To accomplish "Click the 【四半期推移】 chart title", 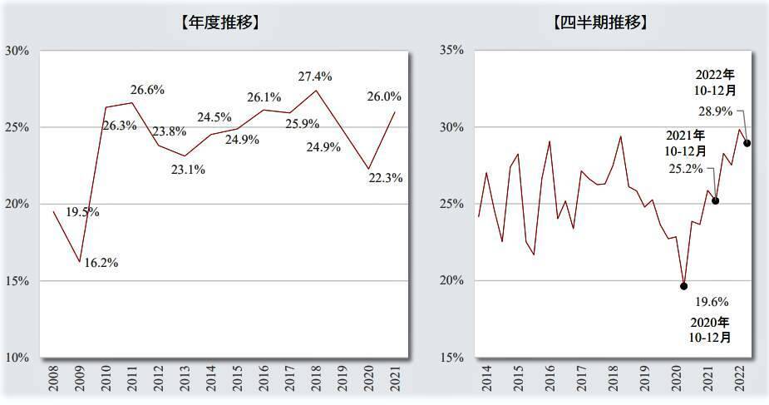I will (599, 22).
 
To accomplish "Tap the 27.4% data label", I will (315, 77).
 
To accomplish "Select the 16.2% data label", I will (101, 263).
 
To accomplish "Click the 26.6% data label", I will (147, 90).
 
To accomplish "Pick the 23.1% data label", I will (188, 169).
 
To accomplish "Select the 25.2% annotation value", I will (687, 168).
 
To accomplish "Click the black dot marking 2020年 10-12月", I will (683, 286).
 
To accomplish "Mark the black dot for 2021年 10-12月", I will (715, 200).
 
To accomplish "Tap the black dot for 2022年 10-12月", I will (747, 143).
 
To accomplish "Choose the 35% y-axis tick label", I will (449, 51).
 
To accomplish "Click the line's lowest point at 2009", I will (80, 262).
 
